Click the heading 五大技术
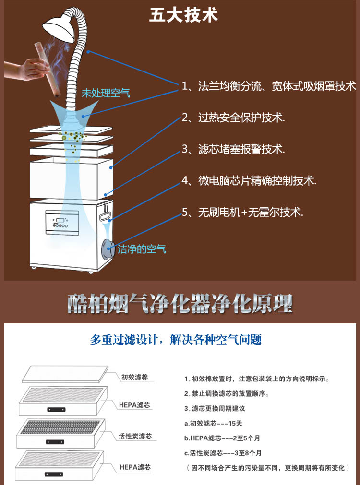tap(183, 14)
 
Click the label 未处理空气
tap(106, 93)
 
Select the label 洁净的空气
tap(142, 249)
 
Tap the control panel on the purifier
tap(62, 222)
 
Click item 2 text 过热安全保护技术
tap(241, 118)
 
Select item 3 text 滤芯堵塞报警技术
tap(241, 149)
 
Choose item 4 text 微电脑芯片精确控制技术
tap(257, 181)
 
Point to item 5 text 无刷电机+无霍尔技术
tap(251, 212)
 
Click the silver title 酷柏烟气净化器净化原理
tap(180, 304)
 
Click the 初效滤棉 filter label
tap(135, 377)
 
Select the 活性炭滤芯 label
tap(135, 436)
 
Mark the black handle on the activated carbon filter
tap(55, 442)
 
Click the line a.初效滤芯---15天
tap(213, 423)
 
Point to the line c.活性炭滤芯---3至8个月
tap(223, 453)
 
